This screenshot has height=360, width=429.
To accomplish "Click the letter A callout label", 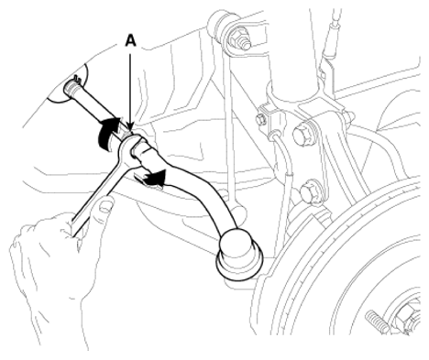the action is (130, 40).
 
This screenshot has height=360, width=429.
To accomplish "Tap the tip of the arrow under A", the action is (130, 131).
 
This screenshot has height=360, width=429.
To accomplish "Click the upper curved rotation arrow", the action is (107, 133).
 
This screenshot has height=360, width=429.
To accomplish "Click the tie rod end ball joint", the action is (239, 254).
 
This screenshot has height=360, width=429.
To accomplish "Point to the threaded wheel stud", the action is (378, 322).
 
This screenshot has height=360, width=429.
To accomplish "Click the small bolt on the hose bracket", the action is (260, 119).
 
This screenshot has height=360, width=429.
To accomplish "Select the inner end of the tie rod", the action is (71, 88).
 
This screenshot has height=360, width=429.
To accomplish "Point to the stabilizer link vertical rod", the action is (227, 128).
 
